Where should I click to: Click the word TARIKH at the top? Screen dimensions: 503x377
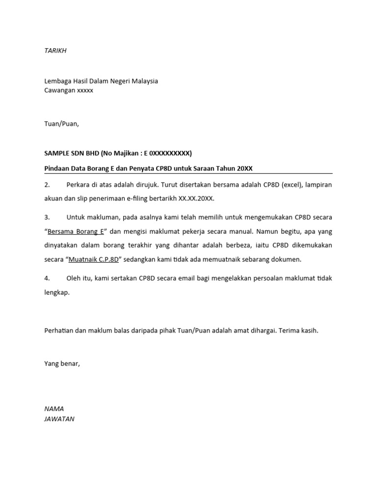55,51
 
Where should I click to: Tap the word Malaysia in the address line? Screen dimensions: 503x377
143,81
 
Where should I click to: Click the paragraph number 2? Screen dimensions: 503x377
48,185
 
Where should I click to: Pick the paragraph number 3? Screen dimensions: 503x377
48,217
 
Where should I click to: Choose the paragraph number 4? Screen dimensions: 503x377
48,278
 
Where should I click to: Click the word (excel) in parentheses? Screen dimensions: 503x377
283,185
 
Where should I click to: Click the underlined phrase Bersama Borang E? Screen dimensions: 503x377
76,231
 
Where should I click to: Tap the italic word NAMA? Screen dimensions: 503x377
54,409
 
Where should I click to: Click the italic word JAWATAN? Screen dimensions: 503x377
59,419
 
